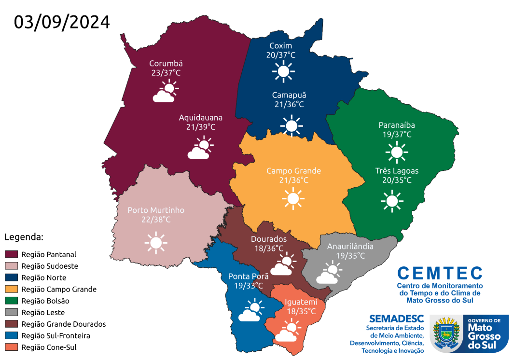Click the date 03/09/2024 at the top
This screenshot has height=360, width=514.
pyautogui.click(x=62, y=22)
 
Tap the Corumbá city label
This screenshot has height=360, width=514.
pyautogui.click(x=166, y=63)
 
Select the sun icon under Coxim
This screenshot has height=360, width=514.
pyautogui.click(x=283, y=71)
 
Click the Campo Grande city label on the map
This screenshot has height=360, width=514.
pyautogui.click(x=293, y=171)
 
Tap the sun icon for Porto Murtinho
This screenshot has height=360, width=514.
pyautogui.click(x=156, y=243)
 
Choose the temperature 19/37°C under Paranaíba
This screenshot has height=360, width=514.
pyautogui.click(x=397, y=135)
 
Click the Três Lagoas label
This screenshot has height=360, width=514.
pyautogui.click(x=397, y=171)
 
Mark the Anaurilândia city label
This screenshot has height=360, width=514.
pyautogui.click(x=350, y=246)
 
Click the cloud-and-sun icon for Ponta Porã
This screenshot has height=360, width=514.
pyautogui.click(x=250, y=310)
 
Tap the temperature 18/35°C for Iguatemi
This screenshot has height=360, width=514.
pyautogui.click(x=301, y=311)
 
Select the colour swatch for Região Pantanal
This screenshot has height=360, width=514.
pyautogui.click(x=12, y=254)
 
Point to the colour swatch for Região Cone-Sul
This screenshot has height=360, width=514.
pyautogui.click(x=12, y=347)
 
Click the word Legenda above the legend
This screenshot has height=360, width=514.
pyautogui.click(x=24, y=237)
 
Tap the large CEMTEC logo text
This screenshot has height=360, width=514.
pyautogui.click(x=440, y=274)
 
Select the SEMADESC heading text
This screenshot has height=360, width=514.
pyautogui.click(x=396, y=318)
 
